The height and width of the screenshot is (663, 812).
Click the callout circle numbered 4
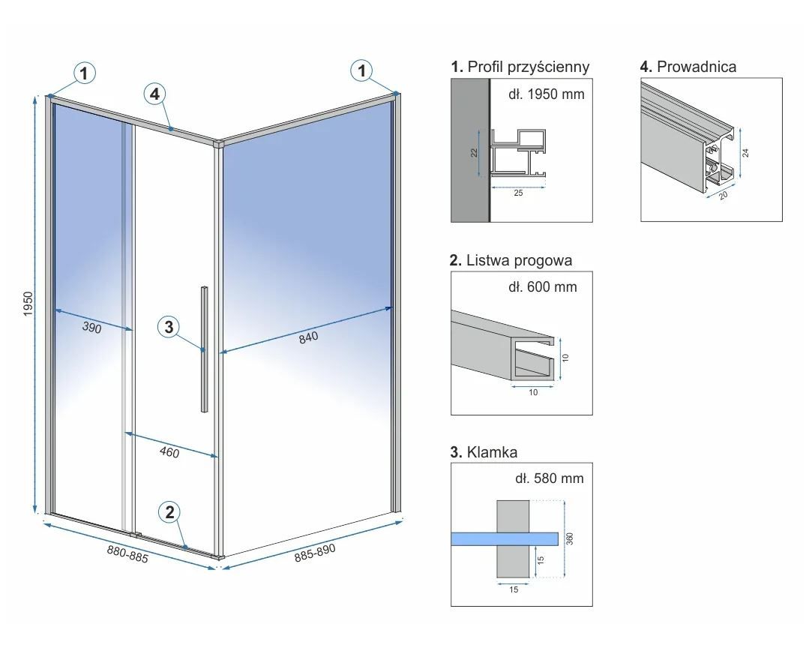(154, 94)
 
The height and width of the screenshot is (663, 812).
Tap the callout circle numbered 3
(169, 327)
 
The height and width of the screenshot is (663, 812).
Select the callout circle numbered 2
(169, 512)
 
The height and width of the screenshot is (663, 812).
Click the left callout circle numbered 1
(85, 73)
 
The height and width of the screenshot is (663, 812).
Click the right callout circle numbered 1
(362, 71)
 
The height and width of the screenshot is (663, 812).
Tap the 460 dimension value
(169, 451)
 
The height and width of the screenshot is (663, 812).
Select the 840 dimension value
(308, 337)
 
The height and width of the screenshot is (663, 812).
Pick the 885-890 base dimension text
(315, 553)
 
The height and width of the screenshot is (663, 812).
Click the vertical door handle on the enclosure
(204, 349)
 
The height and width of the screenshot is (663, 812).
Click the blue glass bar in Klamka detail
(505, 538)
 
